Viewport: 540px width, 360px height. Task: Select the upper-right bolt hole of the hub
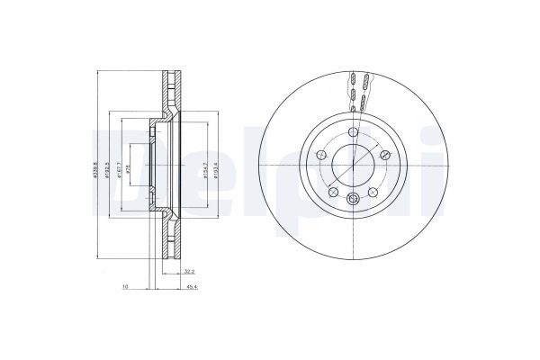385,156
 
